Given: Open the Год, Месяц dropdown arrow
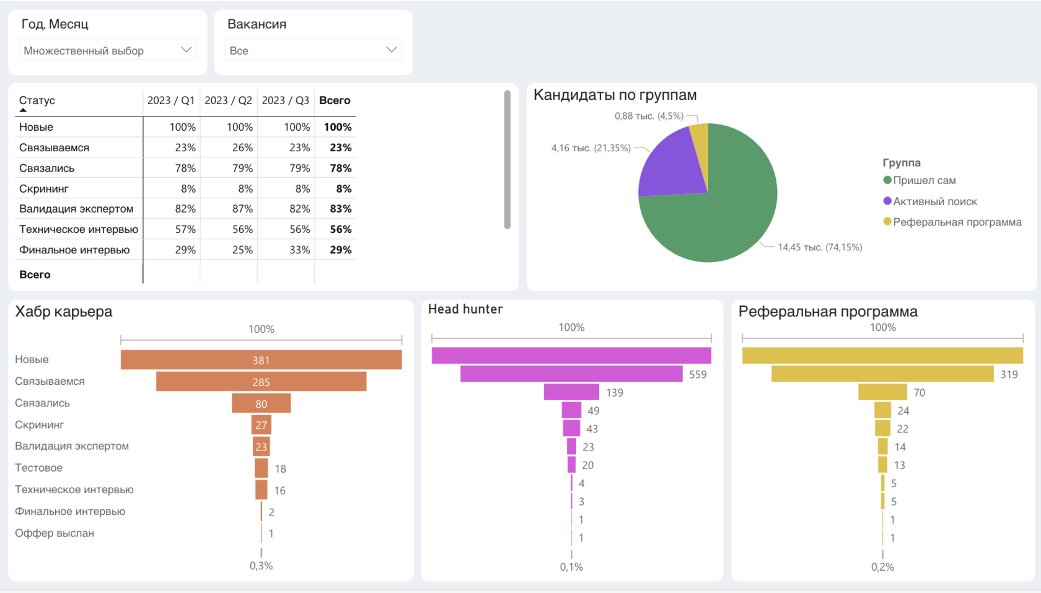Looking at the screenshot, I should [186, 50].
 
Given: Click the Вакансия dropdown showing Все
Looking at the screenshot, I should [313, 50].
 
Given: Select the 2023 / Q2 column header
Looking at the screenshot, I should [228, 100].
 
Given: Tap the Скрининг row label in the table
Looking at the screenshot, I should [44, 188].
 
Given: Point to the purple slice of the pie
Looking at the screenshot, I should [669, 164].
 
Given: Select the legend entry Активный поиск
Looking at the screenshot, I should [934, 201].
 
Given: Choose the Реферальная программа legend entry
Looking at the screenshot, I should [957, 222].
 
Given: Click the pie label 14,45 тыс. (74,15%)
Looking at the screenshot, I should [819, 247].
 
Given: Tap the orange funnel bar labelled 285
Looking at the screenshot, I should [261, 382].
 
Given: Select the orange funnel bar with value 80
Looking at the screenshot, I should [261, 403].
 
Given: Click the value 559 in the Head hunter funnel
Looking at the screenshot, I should [698, 374].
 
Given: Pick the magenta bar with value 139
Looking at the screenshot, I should [571, 392].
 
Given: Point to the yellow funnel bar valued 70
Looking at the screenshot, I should [882, 392].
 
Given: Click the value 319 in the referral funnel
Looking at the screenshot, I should [1009, 374].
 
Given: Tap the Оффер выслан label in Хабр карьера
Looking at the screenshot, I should [55, 533].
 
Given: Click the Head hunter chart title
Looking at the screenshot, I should [465, 309].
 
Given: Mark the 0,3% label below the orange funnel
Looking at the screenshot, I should [261, 566].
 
